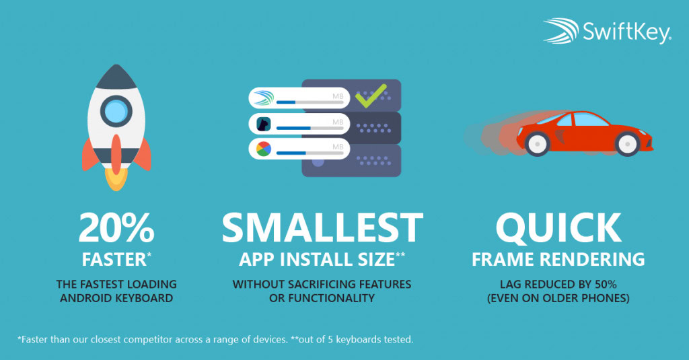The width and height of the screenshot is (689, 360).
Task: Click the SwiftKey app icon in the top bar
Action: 262,98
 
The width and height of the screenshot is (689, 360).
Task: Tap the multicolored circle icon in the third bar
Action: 262,149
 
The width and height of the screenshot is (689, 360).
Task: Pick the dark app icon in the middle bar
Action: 262,124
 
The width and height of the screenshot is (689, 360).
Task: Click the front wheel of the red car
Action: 627,142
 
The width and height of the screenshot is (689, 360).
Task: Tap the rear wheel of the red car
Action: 536,142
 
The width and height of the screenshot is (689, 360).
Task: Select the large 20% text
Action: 116,229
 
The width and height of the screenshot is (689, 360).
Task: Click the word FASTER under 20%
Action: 113,259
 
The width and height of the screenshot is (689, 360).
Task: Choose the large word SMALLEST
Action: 322,229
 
